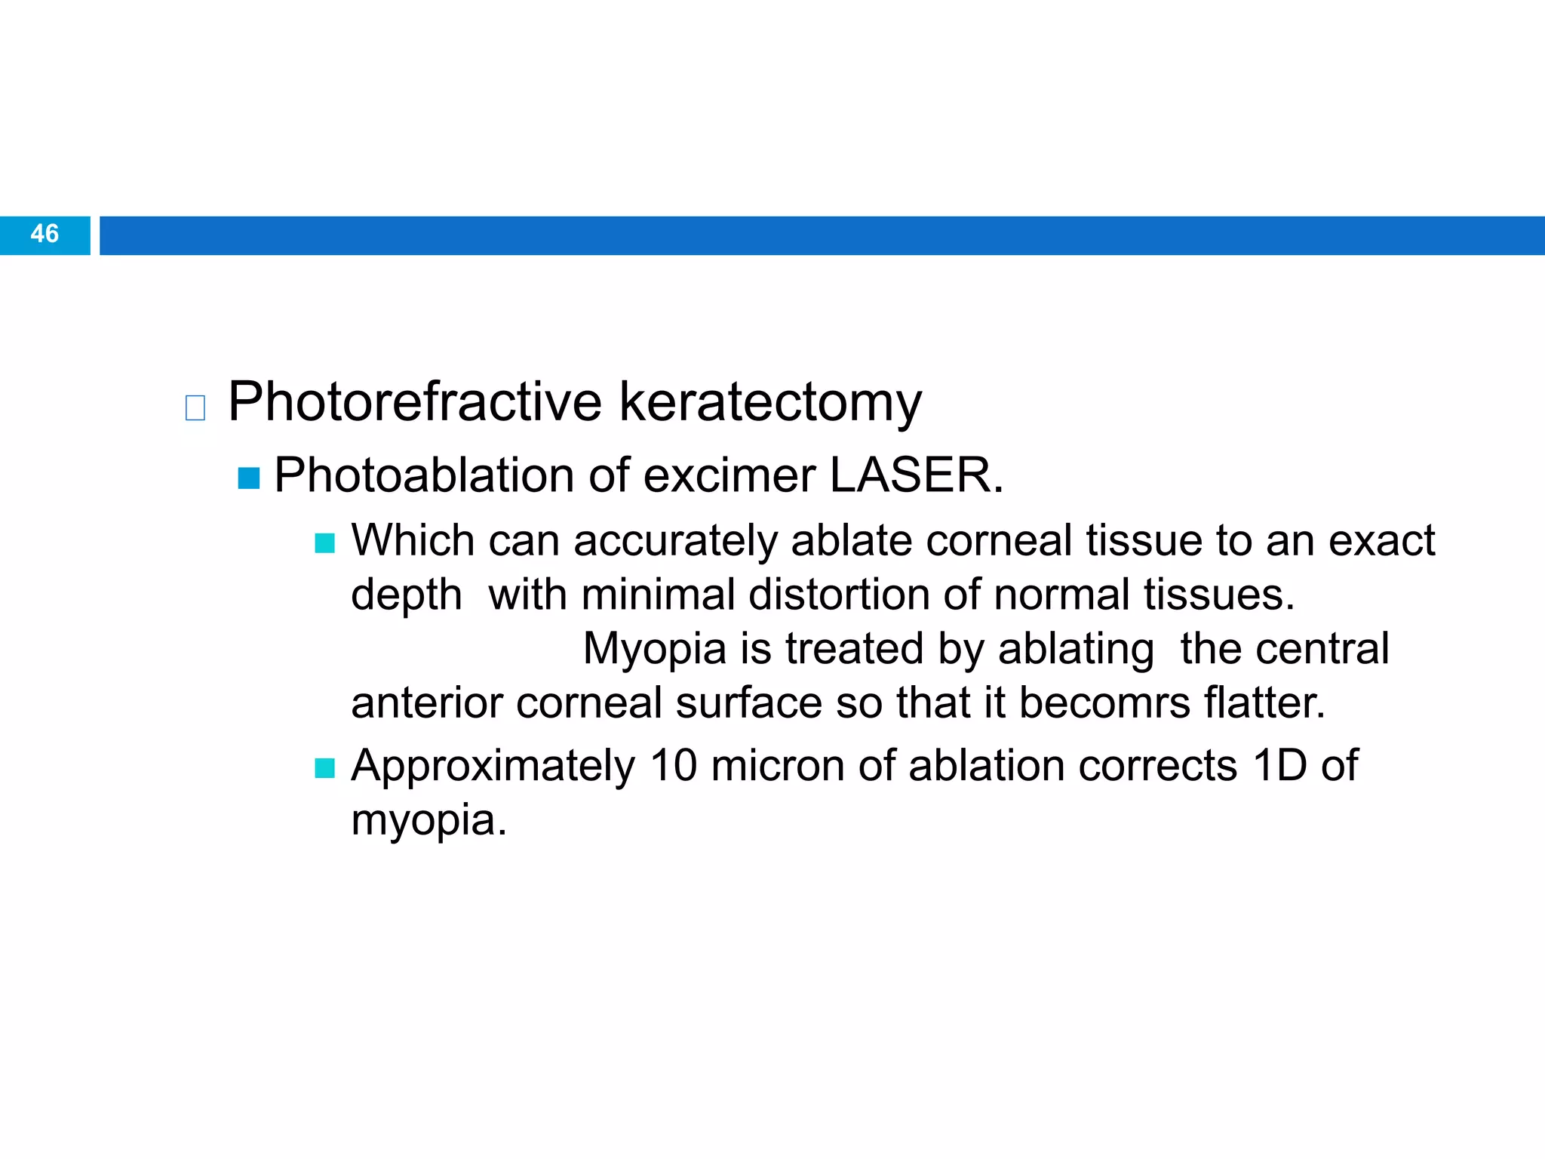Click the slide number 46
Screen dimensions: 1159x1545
45,234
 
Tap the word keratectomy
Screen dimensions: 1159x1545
770,402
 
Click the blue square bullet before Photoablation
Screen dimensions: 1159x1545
249,478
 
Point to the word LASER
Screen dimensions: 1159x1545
916,475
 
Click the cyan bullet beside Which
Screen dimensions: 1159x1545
324,543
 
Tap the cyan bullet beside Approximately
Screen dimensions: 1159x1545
324,768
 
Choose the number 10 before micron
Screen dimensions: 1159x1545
673,766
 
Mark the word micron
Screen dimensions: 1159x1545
777,766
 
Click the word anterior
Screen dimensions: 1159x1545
426,703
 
